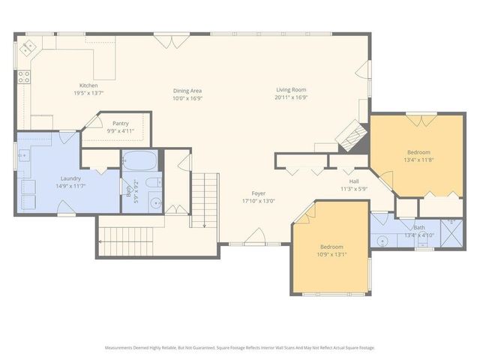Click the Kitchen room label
[88, 85]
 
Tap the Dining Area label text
[187, 91]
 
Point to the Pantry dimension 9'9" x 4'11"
[120, 130]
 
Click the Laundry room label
[70, 178]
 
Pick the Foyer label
[259, 193]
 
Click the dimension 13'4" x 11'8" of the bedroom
[419, 159]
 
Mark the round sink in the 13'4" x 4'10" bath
[382, 241]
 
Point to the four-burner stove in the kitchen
[24, 76]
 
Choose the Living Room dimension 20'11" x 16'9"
[292, 97]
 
